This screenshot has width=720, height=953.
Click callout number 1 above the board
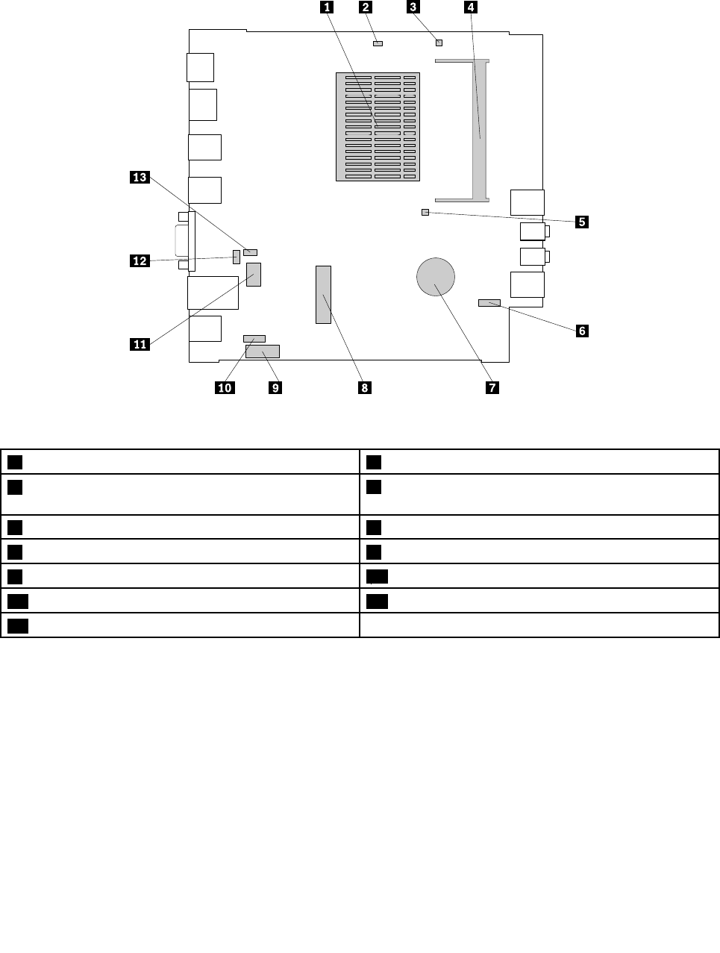click(327, 7)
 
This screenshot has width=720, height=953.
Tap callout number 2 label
click(366, 7)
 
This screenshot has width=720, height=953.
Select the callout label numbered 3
click(413, 7)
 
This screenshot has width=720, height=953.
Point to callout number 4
click(471, 7)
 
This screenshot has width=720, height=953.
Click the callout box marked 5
click(582, 222)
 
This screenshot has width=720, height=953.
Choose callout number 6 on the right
click(582, 331)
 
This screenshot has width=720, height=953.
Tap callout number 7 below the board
click(492, 388)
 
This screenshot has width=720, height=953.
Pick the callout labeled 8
click(365, 388)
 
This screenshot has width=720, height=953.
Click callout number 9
click(275, 388)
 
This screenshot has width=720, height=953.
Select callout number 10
click(225, 388)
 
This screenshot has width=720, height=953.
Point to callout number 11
click(140, 344)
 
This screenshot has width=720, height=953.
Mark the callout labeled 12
click(140, 261)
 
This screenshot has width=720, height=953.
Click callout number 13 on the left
click(140, 177)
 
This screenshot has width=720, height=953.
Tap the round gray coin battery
click(436, 277)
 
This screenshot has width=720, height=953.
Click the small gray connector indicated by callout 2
click(378, 43)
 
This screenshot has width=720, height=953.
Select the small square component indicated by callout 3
click(439, 43)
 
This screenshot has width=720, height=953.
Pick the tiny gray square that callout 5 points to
click(425, 212)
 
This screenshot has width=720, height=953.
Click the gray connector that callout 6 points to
click(489, 302)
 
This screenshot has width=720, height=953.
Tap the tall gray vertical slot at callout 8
click(323, 295)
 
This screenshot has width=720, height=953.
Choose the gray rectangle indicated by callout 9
click(263, 351)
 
